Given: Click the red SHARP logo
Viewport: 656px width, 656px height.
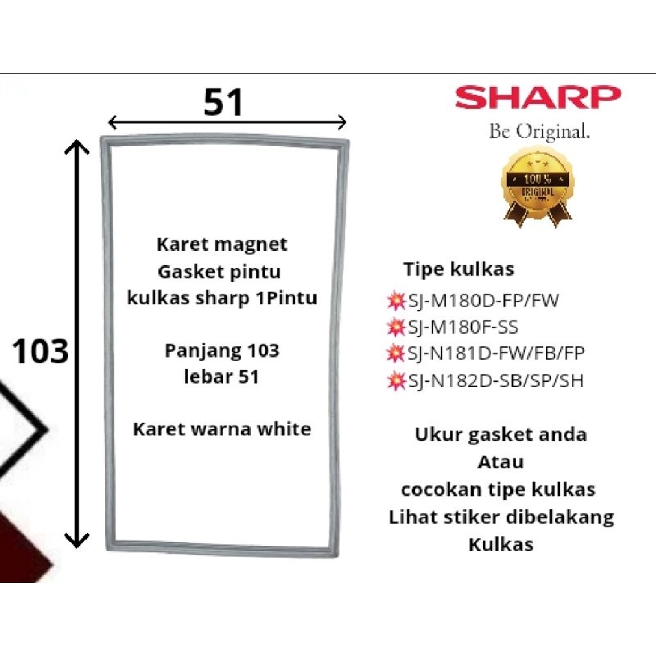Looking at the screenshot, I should [x=538, y=98].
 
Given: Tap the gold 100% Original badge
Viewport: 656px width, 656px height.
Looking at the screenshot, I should [x=537, y=186].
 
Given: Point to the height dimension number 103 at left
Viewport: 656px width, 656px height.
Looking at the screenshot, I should [x=40, y=352].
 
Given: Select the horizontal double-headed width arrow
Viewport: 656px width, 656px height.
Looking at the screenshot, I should [x=227, y=123].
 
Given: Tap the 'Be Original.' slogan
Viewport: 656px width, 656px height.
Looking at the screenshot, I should [x=538, y=131].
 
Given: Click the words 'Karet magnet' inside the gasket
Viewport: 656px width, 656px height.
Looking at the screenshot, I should [x=221, y=244].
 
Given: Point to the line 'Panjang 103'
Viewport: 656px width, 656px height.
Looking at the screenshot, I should [x=221, y=352].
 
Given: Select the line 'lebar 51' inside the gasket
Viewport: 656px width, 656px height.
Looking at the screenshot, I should [x=221, y=377].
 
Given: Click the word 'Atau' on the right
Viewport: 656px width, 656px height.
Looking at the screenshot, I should [x=500, y=462].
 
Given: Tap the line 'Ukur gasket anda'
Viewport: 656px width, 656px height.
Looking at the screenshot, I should [x=500, y=435].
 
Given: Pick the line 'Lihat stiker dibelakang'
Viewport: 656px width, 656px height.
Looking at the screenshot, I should [x=500, y=517].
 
